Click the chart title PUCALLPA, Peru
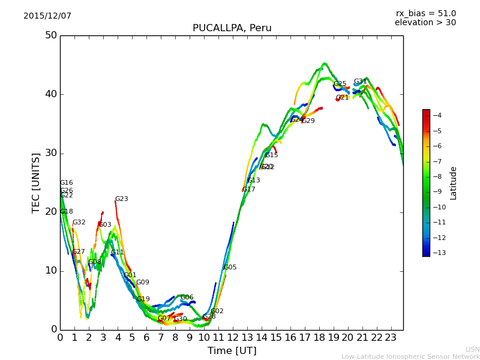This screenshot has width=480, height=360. [x=232, y=28]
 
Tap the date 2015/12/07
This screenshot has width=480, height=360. [x=47, y=16]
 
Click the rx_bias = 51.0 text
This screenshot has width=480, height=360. [x=425, y=14]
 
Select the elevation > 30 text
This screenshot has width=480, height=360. [x=425, y=23]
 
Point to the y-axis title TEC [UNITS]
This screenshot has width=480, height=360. [x=36, y=182]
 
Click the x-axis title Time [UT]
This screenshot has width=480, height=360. [x=232, y=351]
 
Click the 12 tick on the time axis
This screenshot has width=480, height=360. [x=232, y=338]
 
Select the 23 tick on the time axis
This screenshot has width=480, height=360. [x=391, y=338]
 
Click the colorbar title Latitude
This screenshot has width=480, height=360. [x=454, y=183]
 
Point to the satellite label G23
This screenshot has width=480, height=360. [x=122, y=199]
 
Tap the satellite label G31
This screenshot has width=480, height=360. [x=360, y=82]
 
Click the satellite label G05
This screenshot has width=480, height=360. [x=230, y=268]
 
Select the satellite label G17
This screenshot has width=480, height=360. [x=248, y=190]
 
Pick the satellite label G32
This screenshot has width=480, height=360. [x=79, y=223]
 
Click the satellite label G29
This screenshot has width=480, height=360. [x=308, y=121]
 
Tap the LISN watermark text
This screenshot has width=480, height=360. [x=472, y=349]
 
